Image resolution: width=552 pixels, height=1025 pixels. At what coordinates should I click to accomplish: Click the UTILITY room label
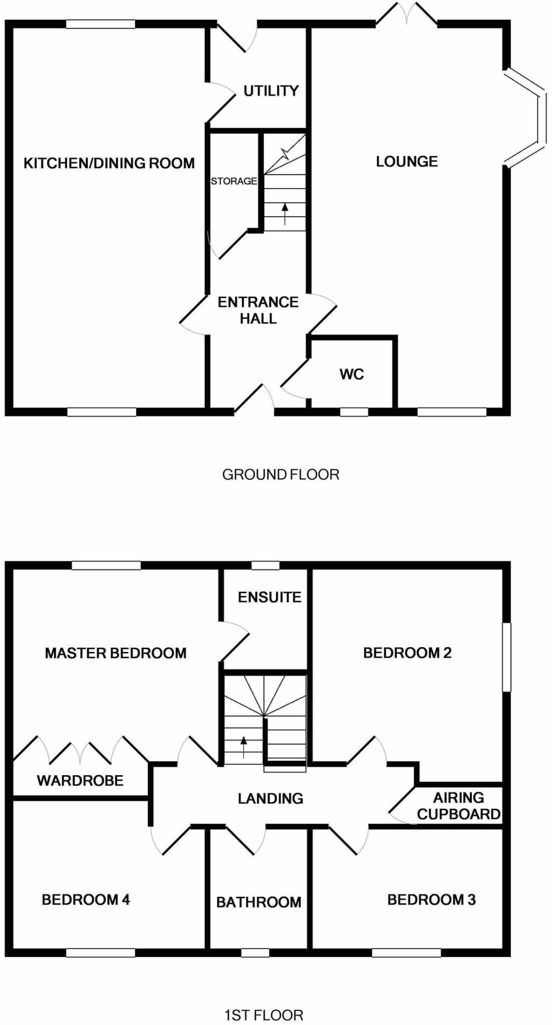271,91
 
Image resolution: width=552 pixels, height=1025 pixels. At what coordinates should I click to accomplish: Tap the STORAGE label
233,181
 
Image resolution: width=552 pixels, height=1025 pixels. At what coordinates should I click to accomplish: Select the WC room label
352,374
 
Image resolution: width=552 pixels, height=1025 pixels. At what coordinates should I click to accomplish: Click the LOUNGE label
407,161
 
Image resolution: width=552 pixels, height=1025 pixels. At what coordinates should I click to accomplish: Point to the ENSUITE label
269,597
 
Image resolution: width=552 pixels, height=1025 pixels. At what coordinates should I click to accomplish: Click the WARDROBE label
80,780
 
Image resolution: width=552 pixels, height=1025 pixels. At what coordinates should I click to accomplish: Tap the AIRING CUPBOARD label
459,806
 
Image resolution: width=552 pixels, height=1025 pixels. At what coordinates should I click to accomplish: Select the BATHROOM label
259,902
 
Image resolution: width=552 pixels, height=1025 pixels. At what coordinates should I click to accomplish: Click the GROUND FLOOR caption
281,474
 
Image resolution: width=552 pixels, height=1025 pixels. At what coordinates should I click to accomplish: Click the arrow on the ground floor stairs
285,214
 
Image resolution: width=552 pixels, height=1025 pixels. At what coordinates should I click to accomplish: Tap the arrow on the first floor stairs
244,748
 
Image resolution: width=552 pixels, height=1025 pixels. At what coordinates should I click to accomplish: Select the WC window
354,412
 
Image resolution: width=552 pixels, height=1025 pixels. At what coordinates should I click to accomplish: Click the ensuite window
265,566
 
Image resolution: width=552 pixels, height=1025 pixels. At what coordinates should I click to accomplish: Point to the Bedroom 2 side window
507,657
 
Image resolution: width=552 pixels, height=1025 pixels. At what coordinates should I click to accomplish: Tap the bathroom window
255,953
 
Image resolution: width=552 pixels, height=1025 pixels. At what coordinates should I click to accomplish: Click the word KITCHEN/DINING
83,163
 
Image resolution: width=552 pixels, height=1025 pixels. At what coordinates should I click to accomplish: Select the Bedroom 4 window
101,953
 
